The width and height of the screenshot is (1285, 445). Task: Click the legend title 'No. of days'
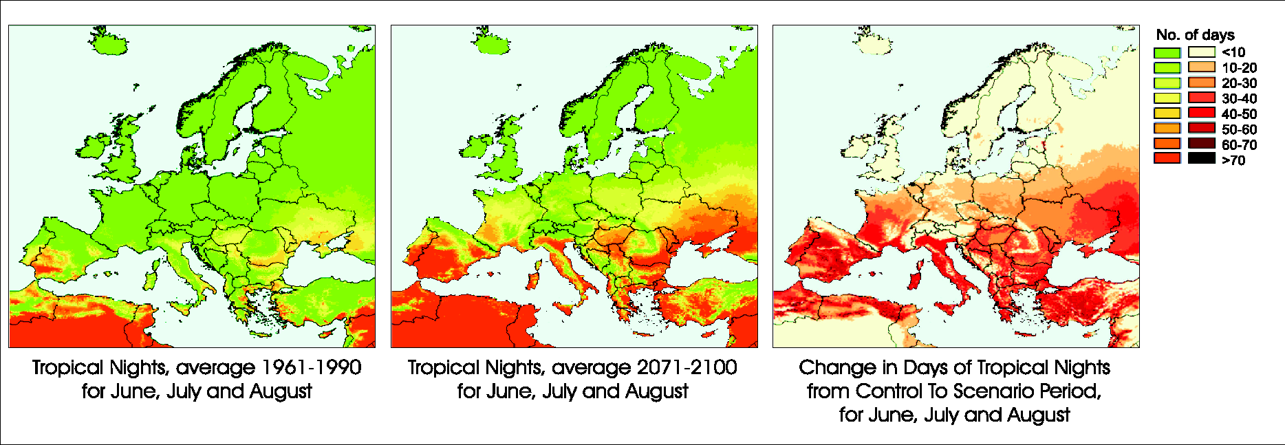[x=1195, y=35]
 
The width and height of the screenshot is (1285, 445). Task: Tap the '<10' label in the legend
[x=1233, y=52]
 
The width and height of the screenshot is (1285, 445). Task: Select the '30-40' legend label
[x=1239, y=98]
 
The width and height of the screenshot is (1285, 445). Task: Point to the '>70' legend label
[x=1233, y=160]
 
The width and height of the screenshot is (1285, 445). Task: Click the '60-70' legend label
[x=1239, y=145]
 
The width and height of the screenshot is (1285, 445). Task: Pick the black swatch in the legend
[x=1201, y=159]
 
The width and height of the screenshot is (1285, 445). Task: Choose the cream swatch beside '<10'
[x=1201, y=52]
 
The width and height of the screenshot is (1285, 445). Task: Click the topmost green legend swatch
[x=1167, y=52]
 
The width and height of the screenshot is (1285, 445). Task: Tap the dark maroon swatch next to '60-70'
[x=1201, y=144]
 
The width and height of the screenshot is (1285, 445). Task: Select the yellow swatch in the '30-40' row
[x=1167, y=98]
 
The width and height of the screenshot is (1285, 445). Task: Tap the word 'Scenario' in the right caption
[x=1010, y=391]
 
